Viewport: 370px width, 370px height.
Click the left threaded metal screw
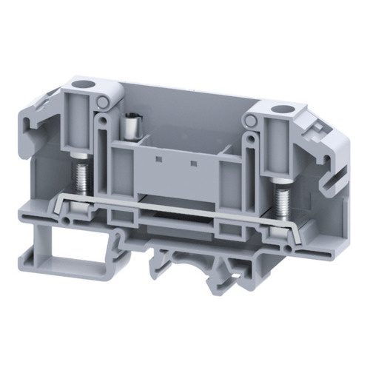coord(80,178)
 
